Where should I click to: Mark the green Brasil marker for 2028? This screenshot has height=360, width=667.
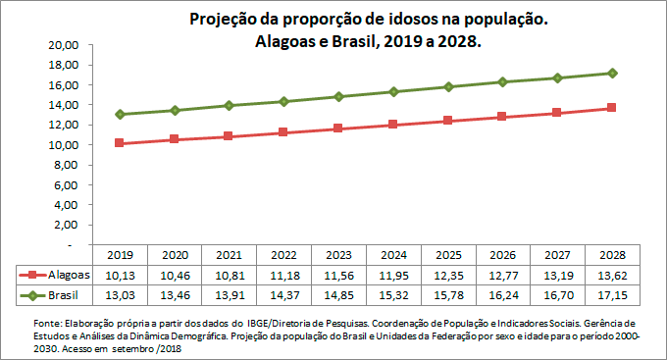point(612,73)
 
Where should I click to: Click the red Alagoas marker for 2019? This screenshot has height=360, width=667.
point(119,143)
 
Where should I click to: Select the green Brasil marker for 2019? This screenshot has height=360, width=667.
point(119,114)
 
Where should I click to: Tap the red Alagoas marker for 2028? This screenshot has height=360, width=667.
point(612,108)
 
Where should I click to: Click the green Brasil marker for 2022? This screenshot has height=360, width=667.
point(283,101)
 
